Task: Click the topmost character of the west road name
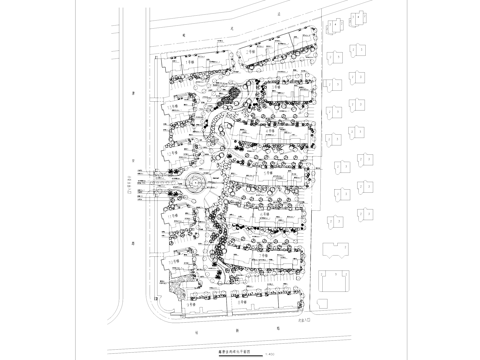tap(133, 92)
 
